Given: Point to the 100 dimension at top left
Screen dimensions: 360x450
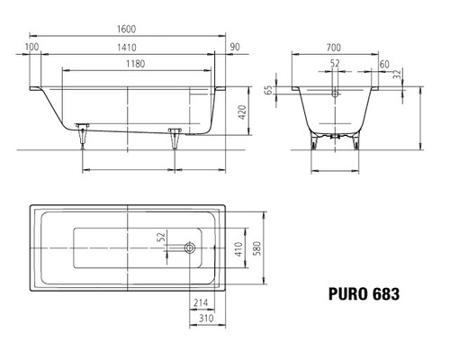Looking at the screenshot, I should point(32,46).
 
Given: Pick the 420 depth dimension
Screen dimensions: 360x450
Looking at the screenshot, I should point(240,112).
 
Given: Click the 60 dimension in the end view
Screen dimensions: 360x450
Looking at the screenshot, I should point(384,64).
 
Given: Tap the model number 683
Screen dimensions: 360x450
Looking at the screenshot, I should point(382,293).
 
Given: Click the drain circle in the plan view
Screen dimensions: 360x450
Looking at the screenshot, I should point(189,247).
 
